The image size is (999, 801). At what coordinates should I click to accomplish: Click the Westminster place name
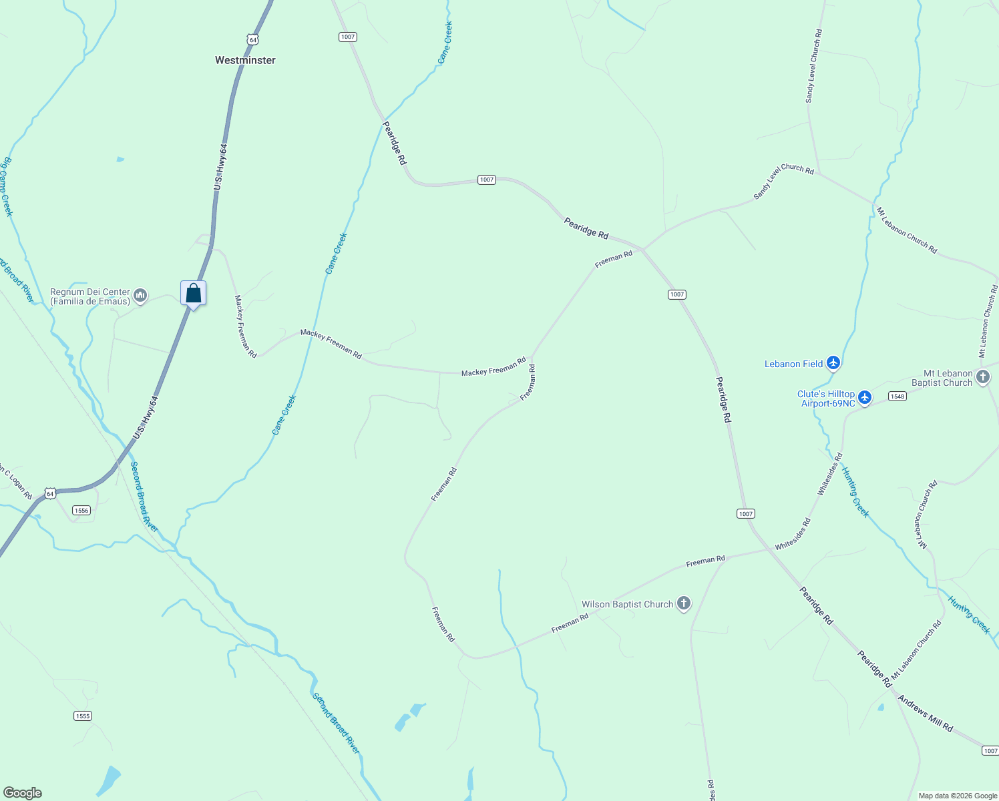point(245,60)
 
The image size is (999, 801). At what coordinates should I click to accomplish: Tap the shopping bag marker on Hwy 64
point(193,293)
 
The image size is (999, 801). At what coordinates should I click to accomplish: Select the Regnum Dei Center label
point(90,296)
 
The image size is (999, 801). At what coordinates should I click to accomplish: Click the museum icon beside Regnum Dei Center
point(140,295)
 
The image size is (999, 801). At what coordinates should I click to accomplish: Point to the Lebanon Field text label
point(793,364)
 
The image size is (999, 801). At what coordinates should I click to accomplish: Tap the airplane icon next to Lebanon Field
point(833,363)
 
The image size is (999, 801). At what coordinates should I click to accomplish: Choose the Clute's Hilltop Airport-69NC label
point(826,398)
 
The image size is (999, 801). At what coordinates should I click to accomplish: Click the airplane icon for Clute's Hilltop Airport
point(865,398)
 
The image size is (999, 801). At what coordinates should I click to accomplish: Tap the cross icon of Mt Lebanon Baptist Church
point(983,377)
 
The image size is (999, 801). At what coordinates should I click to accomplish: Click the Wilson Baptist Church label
point(627,604)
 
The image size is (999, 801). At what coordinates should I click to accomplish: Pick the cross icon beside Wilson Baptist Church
point(683,604)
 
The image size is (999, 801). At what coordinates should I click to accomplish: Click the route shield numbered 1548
point(897,396)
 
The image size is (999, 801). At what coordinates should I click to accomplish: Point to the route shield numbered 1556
point(81,511)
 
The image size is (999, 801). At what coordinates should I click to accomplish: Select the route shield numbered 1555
point(83,716)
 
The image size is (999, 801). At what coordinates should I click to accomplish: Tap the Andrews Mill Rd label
point(925,714)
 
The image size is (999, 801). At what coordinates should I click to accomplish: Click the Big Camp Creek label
point(5,186)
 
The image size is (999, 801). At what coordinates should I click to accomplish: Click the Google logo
point(22,792)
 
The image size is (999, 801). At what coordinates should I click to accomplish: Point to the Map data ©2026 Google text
point(957,796)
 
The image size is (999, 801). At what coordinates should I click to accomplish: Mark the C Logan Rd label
point(17,482)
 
